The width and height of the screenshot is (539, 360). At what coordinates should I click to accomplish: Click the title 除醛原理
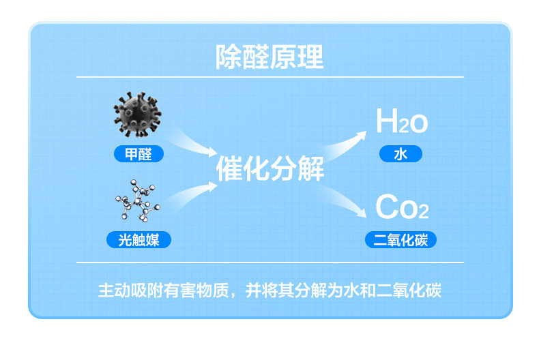(x=269, y=57)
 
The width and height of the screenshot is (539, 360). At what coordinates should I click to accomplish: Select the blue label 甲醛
(x=138, y=154)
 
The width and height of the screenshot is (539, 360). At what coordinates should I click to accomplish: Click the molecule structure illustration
(x=138, y=201)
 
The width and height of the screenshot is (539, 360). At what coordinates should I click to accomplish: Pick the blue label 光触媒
(x=139, y=239)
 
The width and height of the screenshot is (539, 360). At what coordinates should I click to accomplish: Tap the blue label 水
(x=400, y=154)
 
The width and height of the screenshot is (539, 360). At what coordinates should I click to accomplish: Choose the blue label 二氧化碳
(x=400, y=239)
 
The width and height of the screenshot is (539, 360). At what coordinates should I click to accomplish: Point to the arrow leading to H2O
(x=345, y=142)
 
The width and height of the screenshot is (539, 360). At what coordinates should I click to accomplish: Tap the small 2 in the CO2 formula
(x=423, y=212)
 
